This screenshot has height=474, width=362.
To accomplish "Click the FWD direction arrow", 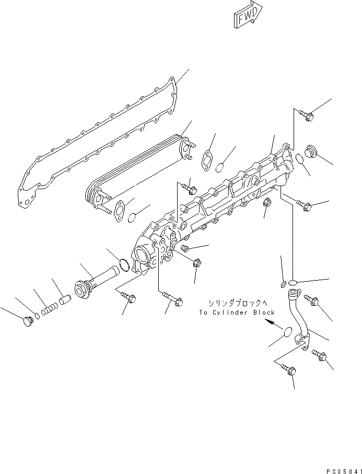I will point(248,17).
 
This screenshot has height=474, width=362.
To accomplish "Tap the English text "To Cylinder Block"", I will point(237,313).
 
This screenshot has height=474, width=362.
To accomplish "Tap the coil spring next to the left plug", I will point(49,308).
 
